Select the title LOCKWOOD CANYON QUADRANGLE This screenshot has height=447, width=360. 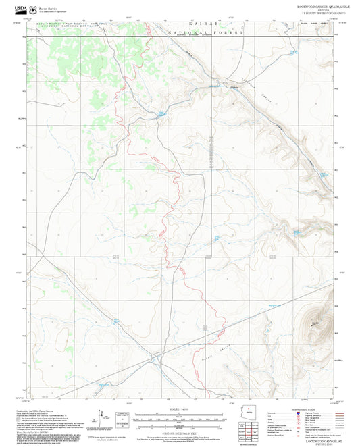(x=317, y=5)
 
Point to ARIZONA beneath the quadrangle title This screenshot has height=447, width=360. (x=317, y=9)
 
